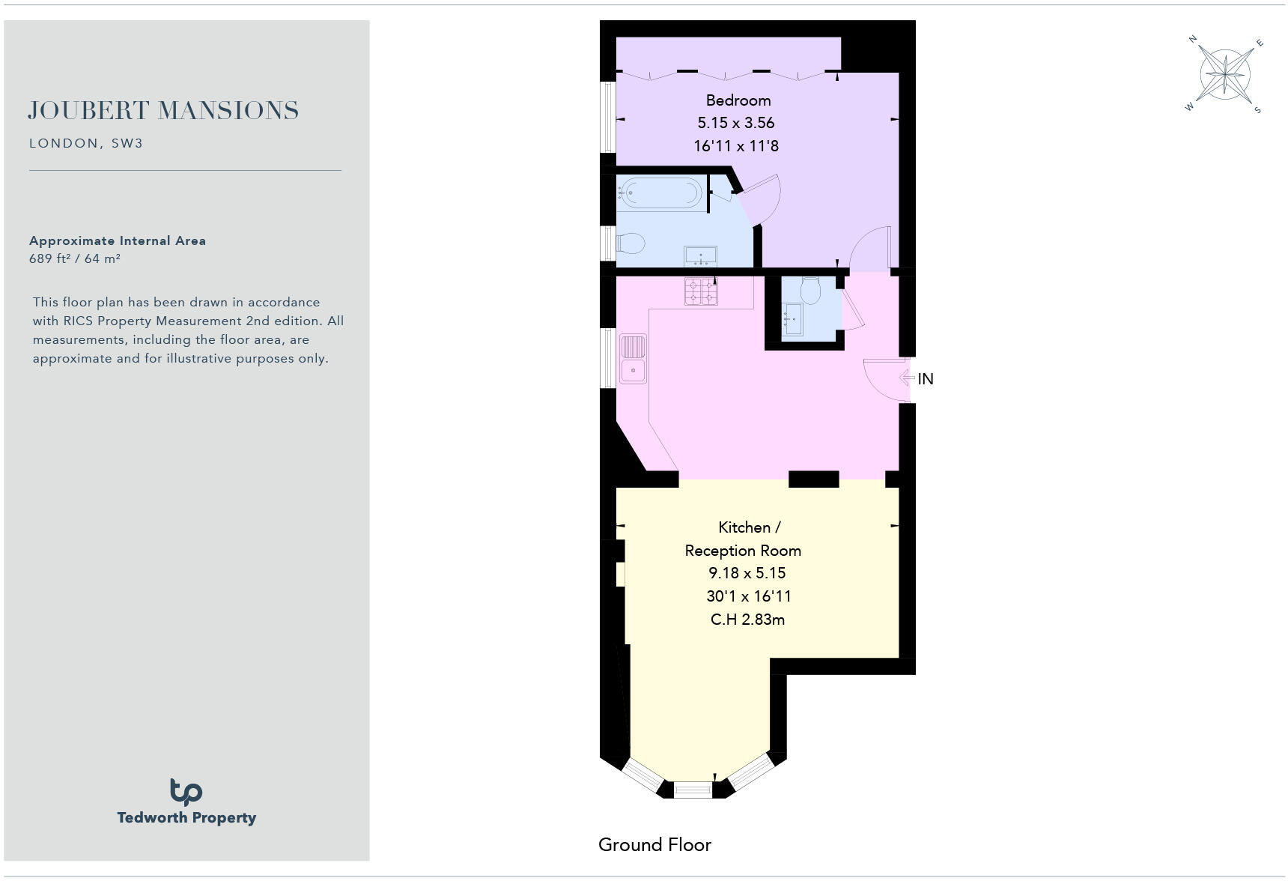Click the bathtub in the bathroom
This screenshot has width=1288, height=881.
(660, 193)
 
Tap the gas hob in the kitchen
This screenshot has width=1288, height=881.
(700, 291)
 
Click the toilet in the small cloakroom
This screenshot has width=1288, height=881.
(810, 288)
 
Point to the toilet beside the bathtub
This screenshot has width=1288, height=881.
(631, 243)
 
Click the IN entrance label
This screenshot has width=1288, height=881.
(926, 379)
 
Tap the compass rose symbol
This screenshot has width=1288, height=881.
(1225, 75)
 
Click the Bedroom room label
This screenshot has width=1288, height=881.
(738, 100)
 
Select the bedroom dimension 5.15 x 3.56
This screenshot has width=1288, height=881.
(735, 123)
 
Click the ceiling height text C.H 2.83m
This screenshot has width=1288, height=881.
(747, 620)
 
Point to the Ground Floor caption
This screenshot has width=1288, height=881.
(654, 845)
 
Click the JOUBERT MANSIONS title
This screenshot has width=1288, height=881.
(163, 111)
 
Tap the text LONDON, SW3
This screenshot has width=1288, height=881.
(86, 143)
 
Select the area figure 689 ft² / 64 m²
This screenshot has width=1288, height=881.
(75, 258)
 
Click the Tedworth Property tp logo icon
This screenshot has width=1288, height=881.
(186, 791)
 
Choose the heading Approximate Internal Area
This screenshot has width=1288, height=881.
(118, 240)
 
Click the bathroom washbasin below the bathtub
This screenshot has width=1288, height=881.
(701, 256)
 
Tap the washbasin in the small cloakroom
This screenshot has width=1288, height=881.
(792, 319)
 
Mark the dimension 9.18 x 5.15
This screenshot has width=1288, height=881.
(747, 573)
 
